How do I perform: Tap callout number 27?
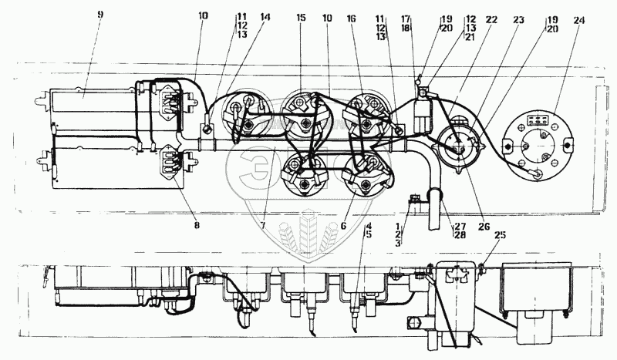460,225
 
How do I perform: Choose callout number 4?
369,225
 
